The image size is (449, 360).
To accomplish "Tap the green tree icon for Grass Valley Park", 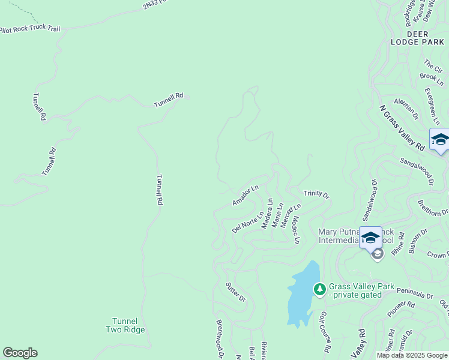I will (320, 289).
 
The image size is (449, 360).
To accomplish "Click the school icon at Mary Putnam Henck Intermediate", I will (370, 238).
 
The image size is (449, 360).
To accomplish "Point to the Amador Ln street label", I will (245, 196).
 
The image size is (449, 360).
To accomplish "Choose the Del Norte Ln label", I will (248, 222).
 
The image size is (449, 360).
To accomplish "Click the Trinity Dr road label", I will (316, 194).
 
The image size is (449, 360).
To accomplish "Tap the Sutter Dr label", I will (235, 292).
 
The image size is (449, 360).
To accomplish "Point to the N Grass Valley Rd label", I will (402, 128).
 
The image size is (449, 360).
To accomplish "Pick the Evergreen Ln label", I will (432, 104).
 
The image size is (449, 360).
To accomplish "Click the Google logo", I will (20, 353).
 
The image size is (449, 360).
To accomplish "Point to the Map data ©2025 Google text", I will (412, 355).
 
